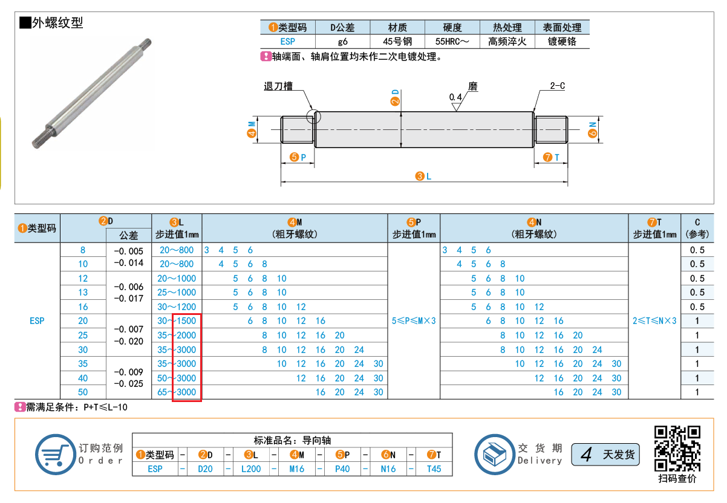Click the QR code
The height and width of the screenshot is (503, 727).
pyautogui.click(x=677, y=449)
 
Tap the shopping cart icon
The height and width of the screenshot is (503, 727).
pyautogui.click(x=56, y=454)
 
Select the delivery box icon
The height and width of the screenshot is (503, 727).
pyautogui.click(x=494, y=454)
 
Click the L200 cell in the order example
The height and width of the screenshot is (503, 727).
pyautogui.click(x=251, y=469)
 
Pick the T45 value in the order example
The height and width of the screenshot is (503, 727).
pyautogui.click(x=434, y=469)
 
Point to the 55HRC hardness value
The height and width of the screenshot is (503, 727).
pyautogui.click(x=452, y=42)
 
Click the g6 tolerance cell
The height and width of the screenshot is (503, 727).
pyautogui.click(x=342, y=42)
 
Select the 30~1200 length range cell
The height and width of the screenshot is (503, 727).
pyautogui.click(x=177, y=307)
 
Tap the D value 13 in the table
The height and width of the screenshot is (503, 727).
pyautogui.click(x=83, y=293)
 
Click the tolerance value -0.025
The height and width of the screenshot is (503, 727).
pyautogui.click(x=128, y=383)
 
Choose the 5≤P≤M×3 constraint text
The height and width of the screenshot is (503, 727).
pyautogui.click(x=414, y=321)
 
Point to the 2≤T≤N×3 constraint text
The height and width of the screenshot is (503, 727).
pyautogui.click(x=654, y=321)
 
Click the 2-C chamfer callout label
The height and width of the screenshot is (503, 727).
pyautogui.click(x=557, y=86)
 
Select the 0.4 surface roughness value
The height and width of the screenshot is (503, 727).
pyautogui.click(x=455, y=97)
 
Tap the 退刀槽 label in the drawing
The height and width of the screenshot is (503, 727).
pyautogui.click(x=278, y=86)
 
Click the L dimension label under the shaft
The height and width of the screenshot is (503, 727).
pyautogui.click(x=423, y=176)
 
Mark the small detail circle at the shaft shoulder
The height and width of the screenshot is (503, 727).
pyautogui.click(x=313, y=117)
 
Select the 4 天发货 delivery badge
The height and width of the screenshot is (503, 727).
pyautogui.click(x=605, y=454)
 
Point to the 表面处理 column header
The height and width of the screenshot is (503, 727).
pyautogui.click(x=562, y=28)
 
